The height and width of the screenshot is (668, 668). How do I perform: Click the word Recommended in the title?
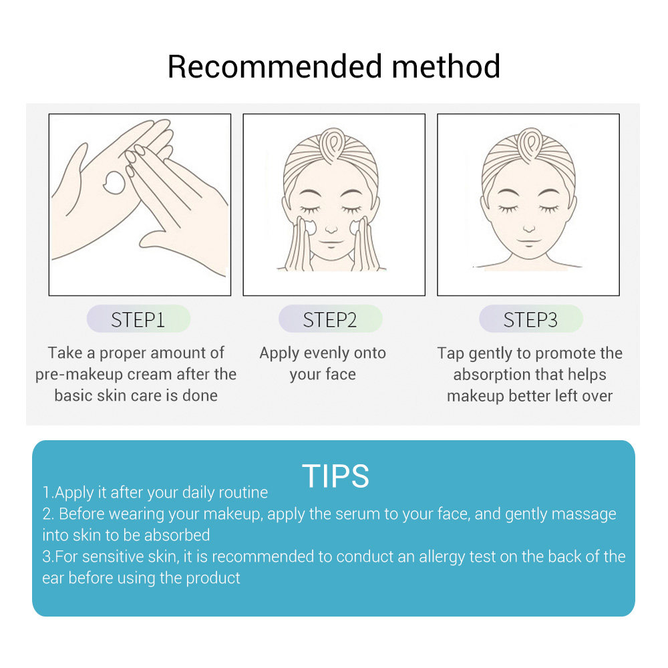coord(275,66)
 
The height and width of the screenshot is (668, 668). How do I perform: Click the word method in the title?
coord(446,66)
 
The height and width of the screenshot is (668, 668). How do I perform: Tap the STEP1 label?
coord(138,319)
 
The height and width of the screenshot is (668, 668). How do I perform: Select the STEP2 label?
coord(330,319)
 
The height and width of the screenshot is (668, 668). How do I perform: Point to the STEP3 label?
coord(530,319)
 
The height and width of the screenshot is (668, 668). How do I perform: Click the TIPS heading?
coord(335,476)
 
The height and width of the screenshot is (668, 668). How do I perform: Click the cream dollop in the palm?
coord(115,183)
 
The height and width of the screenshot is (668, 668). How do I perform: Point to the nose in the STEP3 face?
coord(528,229)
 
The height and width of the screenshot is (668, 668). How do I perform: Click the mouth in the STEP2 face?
coord(331,243)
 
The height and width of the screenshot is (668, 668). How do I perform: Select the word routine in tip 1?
coord(243,492)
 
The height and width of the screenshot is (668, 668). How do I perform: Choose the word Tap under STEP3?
coord(451,353)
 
